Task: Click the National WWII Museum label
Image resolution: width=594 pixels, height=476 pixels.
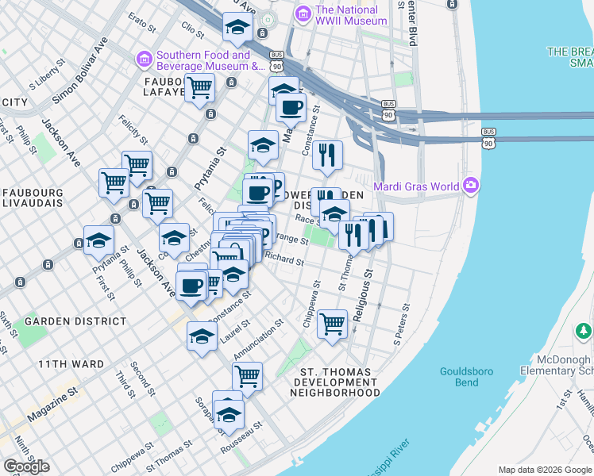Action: (x=350, y=15)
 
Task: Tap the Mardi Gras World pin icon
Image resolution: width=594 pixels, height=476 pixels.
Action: (x=472, y=186)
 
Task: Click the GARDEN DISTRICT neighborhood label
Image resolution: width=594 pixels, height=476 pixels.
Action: (x=75, y=321)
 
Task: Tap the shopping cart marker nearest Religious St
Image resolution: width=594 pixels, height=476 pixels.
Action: (x=332, y=323)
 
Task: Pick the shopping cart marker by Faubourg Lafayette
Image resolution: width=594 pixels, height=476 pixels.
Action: (x=199, y=87)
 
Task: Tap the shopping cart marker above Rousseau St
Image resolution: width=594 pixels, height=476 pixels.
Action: (x=247, y=375)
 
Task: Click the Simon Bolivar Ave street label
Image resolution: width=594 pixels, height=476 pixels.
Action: (x=79, y=72)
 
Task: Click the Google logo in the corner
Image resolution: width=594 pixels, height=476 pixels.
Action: (x=26, y=466)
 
